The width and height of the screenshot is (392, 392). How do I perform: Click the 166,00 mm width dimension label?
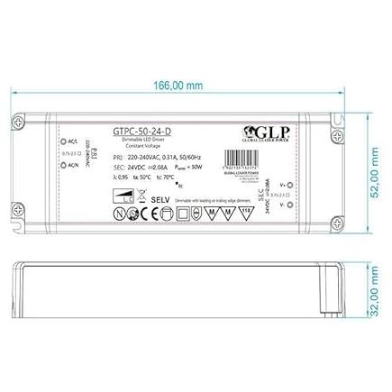(x=172, y=85)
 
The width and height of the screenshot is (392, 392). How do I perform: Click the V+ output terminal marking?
(x=287, y=158)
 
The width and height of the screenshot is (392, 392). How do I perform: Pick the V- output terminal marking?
(x=287, y=180)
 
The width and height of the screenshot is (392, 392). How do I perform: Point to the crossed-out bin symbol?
(x=183, y=214)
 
